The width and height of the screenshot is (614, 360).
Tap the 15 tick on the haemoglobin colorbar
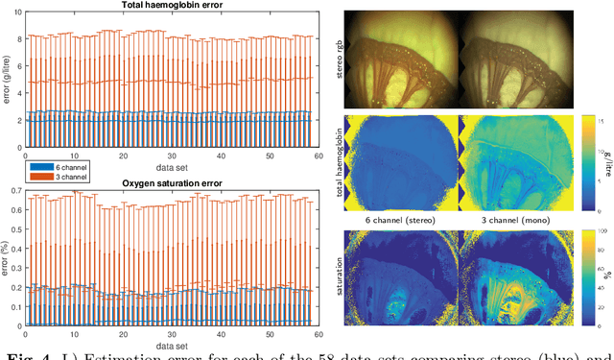[592, 122]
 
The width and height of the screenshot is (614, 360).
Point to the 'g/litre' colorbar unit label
[607, 159]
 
